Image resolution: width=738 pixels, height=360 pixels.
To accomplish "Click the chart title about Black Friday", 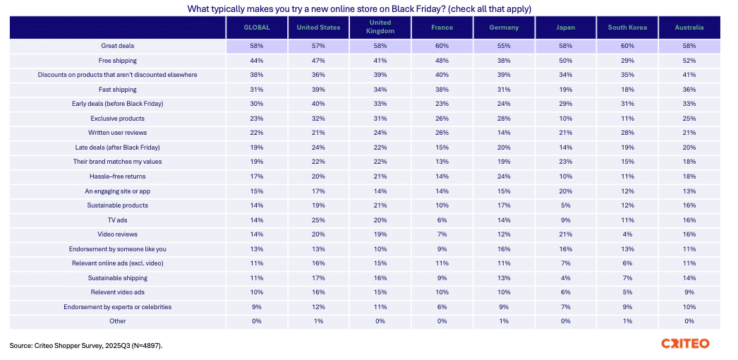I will tap(359, 9).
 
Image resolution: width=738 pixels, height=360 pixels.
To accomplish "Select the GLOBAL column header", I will tap(258, 28).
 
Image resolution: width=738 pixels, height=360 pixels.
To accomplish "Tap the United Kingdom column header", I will tap(380, 28).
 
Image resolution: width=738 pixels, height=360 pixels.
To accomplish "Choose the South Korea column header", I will tap(627, 28).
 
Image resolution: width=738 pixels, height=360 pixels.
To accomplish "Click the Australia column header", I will tap(689, 28).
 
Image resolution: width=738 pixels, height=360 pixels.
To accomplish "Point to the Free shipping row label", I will tap(118, 61).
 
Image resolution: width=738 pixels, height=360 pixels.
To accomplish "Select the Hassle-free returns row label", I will tap(118, 176).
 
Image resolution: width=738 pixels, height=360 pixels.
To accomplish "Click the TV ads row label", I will tap(118, 220).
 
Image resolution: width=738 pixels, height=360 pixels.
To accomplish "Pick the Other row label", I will tap(118, 321).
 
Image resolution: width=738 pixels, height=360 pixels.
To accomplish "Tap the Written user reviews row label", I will tap(118, 133).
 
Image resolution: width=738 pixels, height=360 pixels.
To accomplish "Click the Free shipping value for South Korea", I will tap(627, 61).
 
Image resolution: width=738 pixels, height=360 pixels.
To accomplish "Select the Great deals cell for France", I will tap(442, 46).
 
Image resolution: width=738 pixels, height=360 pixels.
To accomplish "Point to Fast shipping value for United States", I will tap(318, 90).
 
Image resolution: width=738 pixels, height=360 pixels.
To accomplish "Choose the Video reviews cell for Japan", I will tap(565, 234).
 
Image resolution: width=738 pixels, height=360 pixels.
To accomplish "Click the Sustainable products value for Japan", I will tap(565, 205).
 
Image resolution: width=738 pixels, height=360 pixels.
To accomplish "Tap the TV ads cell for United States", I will tap(318, 220).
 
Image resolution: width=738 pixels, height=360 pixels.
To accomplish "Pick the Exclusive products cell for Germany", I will tap(504, 119).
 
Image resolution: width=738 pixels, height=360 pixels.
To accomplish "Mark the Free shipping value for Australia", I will tap(689, 61).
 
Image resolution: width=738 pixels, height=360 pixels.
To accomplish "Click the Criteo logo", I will tap(685, 344).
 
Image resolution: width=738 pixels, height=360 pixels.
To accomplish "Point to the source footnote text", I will tap(90, 346).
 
